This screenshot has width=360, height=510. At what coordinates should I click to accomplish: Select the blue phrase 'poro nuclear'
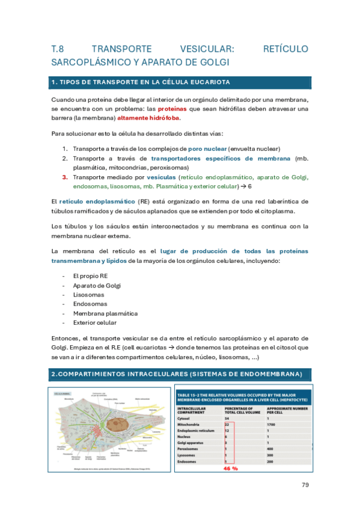207,149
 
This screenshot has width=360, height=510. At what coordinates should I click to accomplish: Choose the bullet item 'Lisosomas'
88,294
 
